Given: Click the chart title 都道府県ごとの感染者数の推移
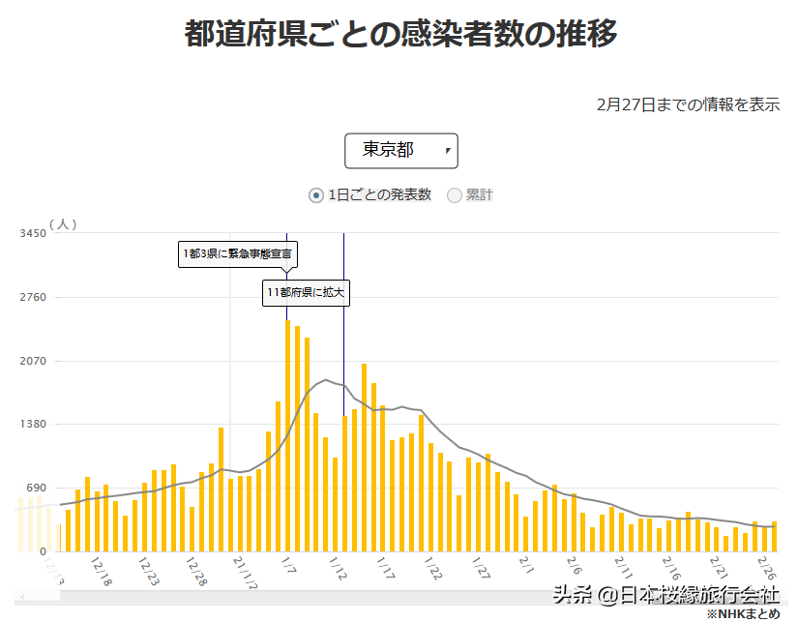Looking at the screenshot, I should [400, 34].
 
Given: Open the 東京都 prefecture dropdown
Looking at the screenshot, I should [400, 150].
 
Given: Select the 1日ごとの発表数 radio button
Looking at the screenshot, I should [316, 195].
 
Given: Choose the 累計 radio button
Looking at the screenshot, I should [455, 195].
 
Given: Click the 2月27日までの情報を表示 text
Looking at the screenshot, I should [688, 104].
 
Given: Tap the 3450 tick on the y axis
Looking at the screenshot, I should [33, 233].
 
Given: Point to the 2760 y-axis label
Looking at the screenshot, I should [33, 297].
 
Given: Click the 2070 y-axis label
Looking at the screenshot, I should [33, 361].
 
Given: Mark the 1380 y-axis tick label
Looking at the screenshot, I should [33, 425].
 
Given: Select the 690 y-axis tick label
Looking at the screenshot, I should [36, 489].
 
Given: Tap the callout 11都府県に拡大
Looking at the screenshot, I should [306, 292].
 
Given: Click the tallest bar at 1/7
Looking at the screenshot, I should [288, 435].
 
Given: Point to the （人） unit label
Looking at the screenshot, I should [62, 223].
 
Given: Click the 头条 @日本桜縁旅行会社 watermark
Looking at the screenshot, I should [665, 594].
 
